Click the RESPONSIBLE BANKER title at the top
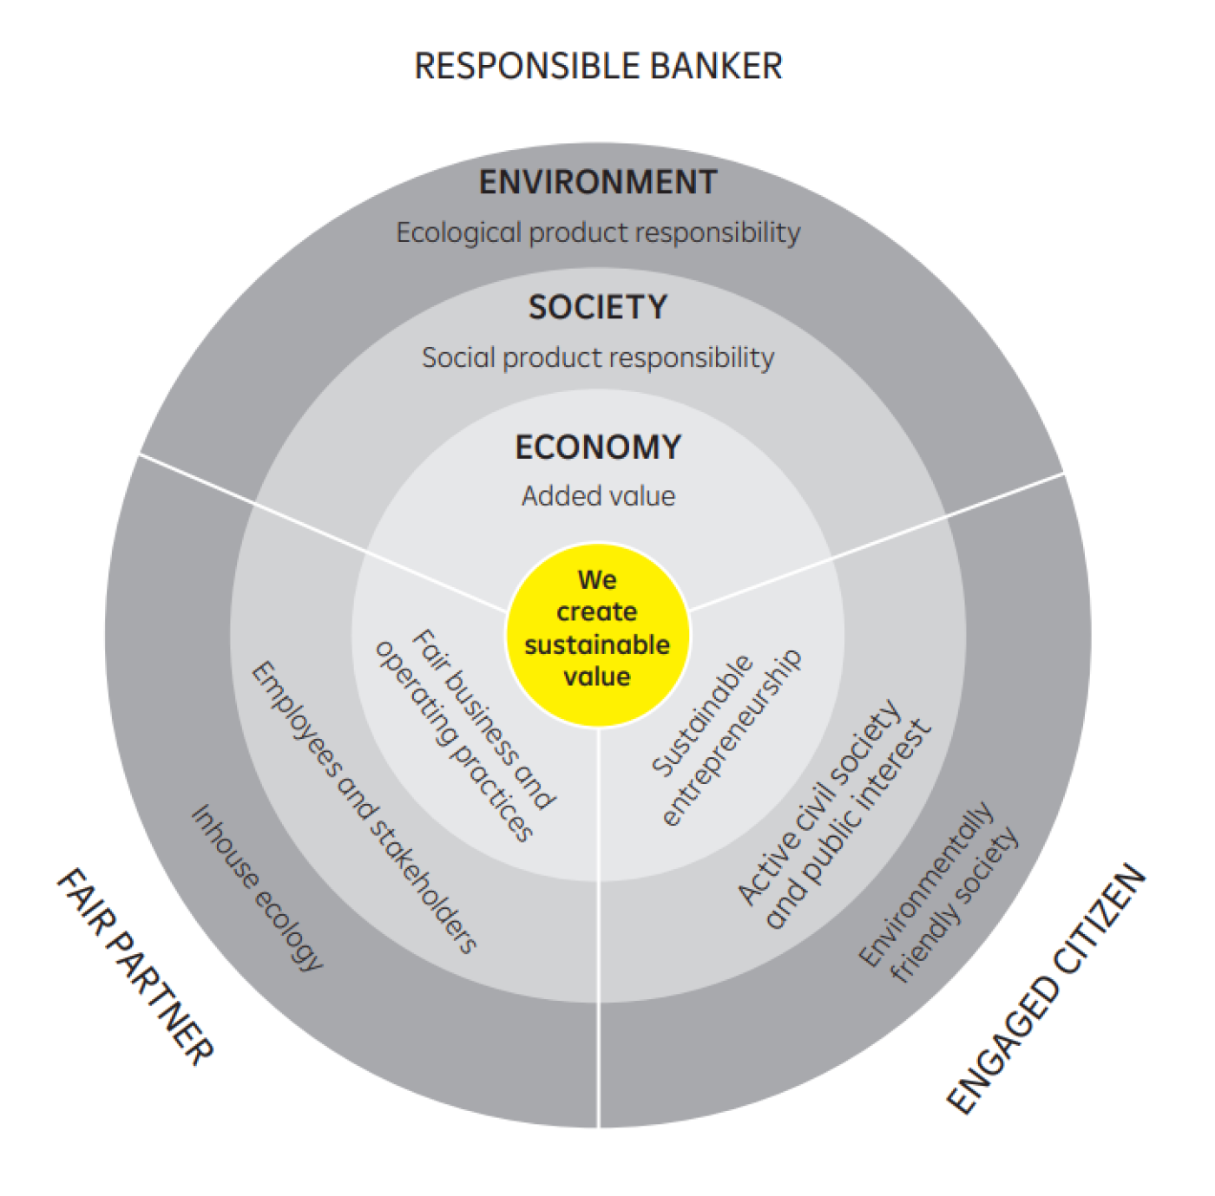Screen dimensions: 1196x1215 598,67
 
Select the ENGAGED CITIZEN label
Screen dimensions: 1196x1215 1046,988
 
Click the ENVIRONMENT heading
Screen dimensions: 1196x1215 598,183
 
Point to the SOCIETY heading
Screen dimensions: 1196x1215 598,308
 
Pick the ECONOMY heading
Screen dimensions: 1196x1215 598,448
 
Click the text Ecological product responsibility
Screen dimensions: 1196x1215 598,233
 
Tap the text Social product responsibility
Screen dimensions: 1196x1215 598,358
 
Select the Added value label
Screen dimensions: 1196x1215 598,496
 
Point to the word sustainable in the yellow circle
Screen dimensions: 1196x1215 597,645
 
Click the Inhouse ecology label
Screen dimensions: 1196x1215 257,887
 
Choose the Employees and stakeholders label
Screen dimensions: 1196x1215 364,807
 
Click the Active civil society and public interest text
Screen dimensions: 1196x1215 834,815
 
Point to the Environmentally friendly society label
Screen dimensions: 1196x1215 938,892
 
